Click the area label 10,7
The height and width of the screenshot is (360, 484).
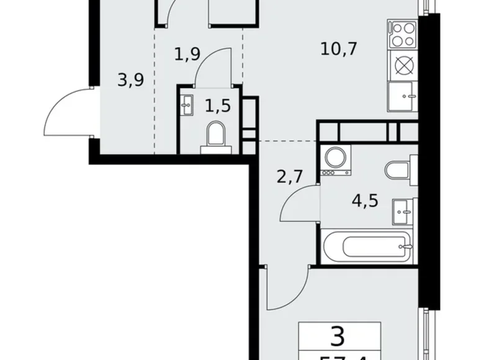coord(339,48)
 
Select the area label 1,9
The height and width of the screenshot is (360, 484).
coord(187,55)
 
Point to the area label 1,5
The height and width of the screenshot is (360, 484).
coord(217,106)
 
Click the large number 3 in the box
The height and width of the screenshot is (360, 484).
coord(338,338)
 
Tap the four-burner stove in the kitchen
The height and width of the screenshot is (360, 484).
coord(402,34)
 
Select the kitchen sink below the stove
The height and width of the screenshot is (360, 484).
coord(402,96)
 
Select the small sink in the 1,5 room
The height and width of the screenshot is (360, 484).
coord(186,106)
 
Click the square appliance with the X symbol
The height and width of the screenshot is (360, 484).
coord(402,65)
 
